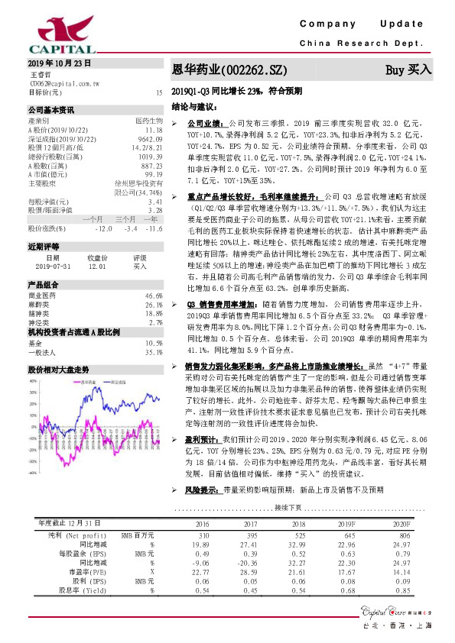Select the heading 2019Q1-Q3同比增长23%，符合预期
point(237,90)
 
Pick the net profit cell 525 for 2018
point(295,535)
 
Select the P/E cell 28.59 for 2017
point(249,571)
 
